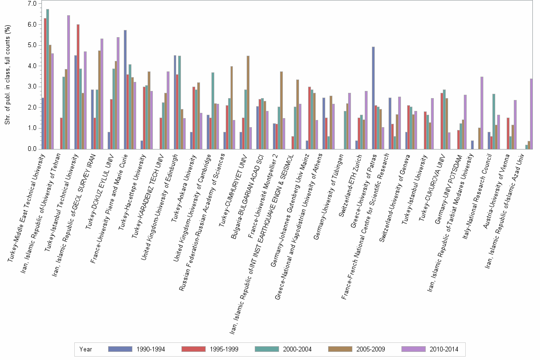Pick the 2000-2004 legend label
297,349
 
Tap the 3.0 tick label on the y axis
31,87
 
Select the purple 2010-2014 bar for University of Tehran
69,82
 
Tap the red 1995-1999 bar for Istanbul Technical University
78,87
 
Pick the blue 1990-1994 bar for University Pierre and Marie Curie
125,90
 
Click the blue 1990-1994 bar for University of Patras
373,98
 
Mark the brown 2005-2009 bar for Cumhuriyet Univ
248,102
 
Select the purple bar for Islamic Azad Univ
531,114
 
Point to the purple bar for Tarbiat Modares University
482,113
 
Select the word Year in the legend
86,349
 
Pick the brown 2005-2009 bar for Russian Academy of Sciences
231,108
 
